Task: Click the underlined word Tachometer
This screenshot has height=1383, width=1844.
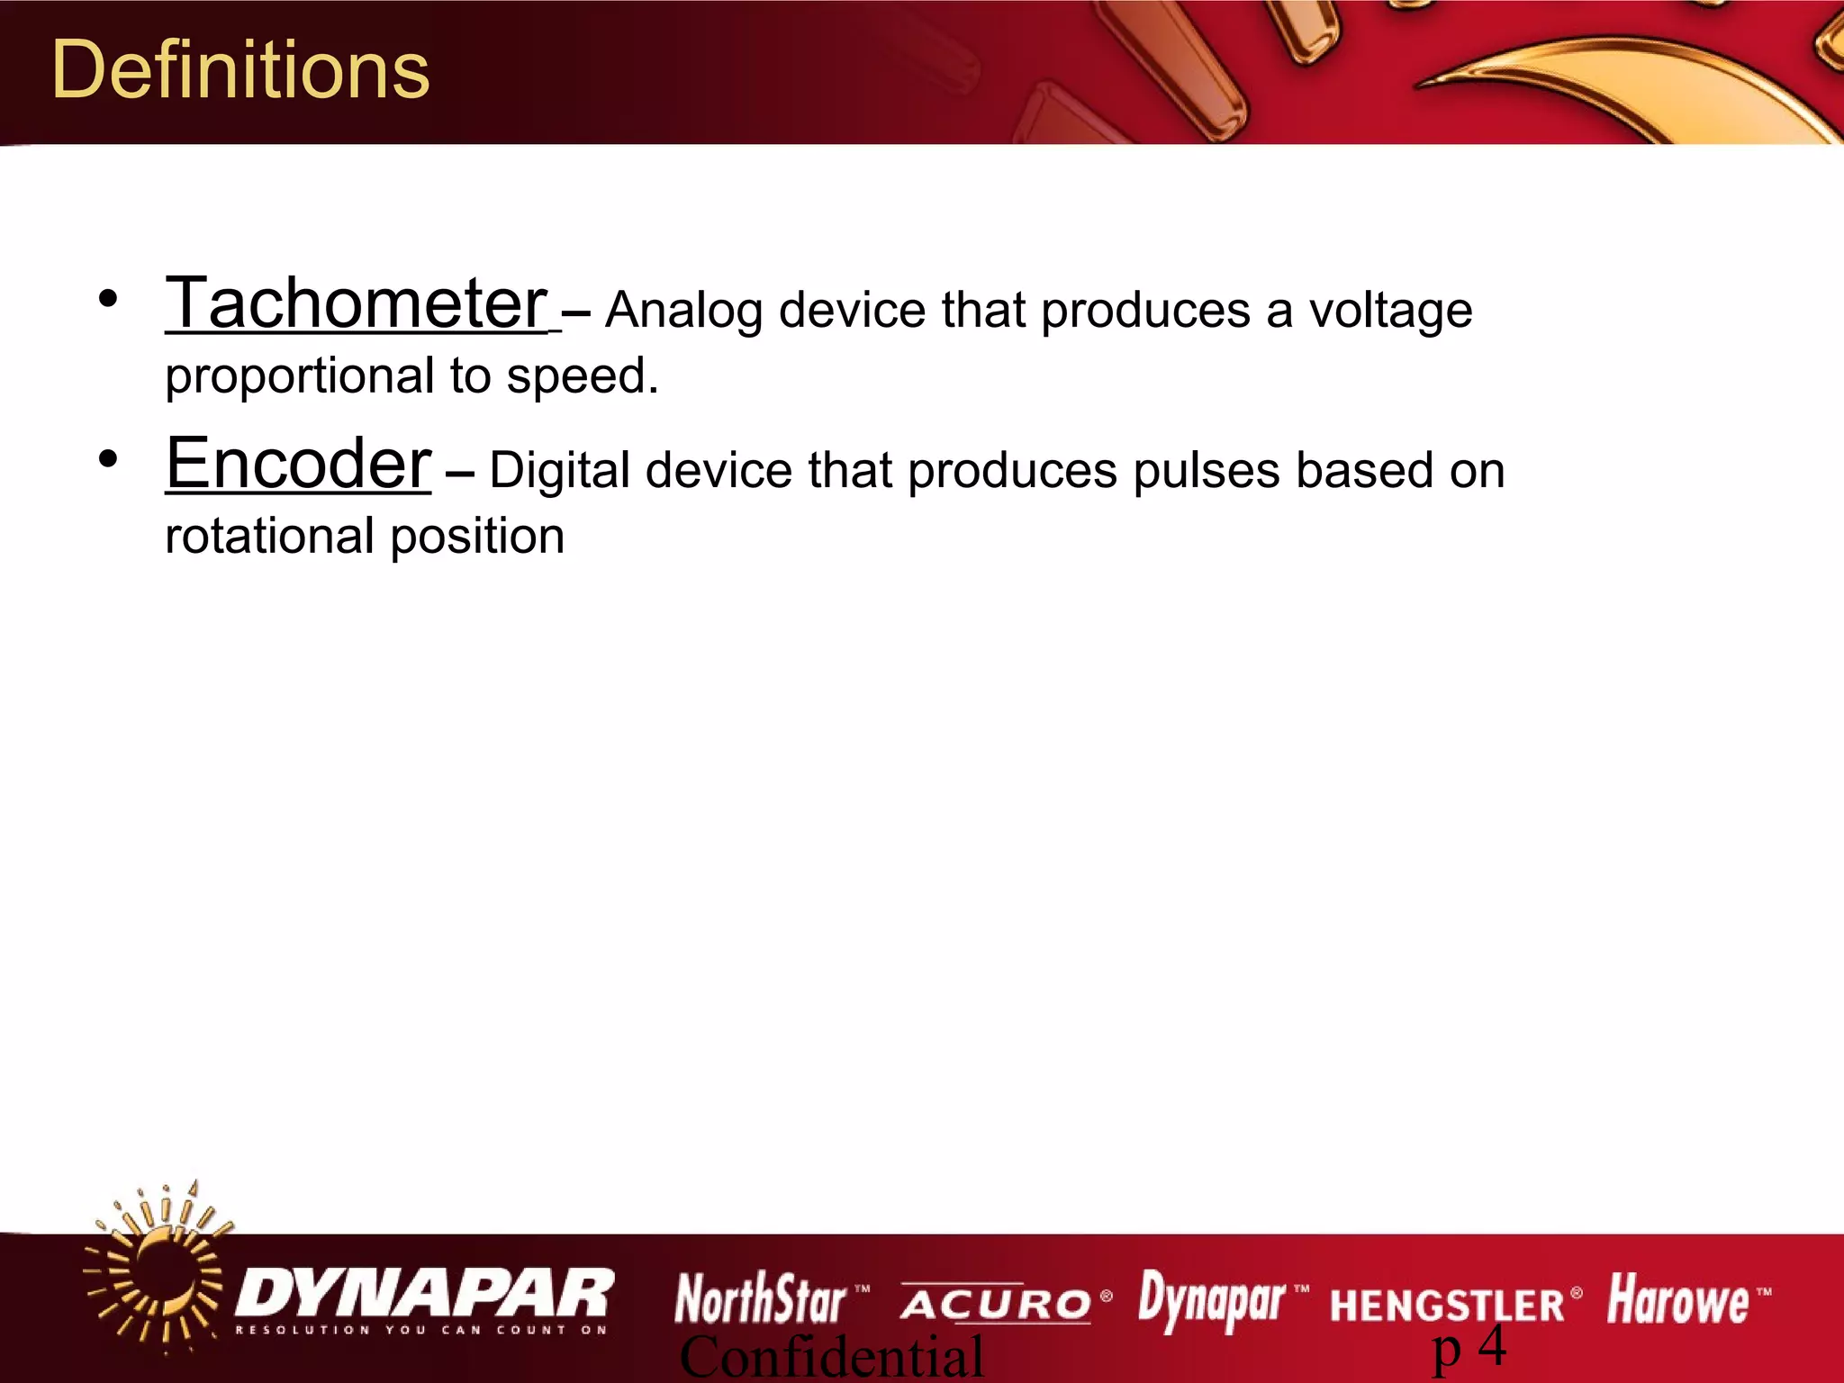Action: click(x=357, y=303)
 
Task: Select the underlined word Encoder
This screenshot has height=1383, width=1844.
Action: click(x=299, y=464)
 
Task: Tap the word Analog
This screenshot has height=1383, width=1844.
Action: click(x=683, y=312)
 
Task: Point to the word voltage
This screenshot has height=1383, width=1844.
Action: click(x=1390, y=312)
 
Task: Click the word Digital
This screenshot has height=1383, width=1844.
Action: click(x=558, y=472)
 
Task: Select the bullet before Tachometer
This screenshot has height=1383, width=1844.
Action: click(x=108, y=299)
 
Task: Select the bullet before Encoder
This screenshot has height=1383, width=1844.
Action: click(x=108, y=459)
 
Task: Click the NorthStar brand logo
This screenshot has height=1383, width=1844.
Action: click(x=761, y=1300)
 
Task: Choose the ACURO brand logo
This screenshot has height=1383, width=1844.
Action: click(x=996, y=1304)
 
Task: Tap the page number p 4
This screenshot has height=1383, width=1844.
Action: click(x=1469, y=1348)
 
